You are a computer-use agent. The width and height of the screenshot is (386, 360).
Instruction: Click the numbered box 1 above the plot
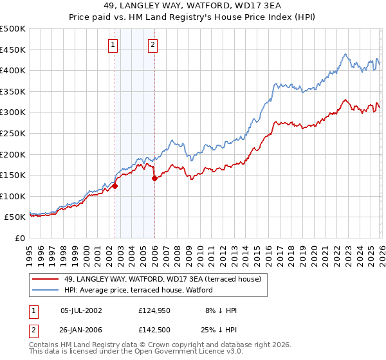click(113, 45)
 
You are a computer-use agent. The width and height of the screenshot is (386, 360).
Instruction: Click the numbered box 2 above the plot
click(152, 45)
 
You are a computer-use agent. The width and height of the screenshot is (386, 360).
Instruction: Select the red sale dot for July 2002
click(115, 186)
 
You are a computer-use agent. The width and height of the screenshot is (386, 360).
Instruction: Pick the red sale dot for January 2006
click(155, 179)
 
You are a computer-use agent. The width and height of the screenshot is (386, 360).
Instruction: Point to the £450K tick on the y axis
click(14, 50)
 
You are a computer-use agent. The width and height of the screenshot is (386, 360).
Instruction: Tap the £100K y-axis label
click(14, 196)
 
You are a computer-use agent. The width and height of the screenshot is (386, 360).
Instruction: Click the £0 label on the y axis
click(19, 238)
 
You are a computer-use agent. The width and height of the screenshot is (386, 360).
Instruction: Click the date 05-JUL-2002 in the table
click(80, 310)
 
